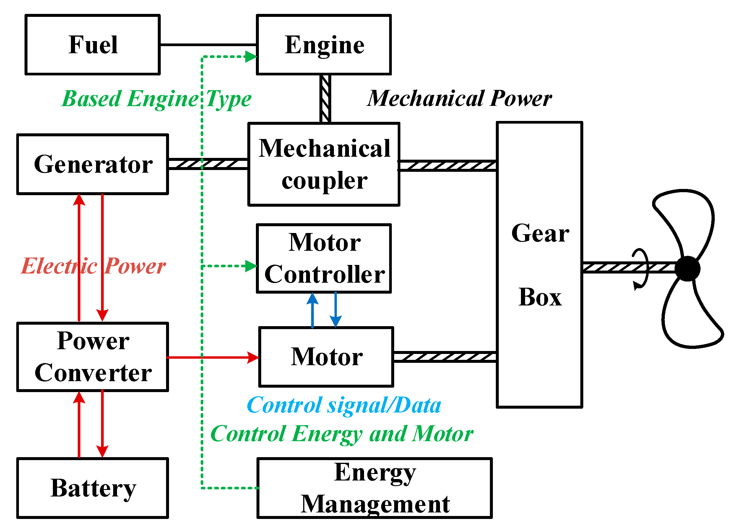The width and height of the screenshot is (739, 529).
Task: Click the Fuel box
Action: (92, 45)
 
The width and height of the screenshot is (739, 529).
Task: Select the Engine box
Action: (324, 45)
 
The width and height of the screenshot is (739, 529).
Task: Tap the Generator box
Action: (92, 164)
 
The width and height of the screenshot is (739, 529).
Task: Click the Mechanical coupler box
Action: (324, 164)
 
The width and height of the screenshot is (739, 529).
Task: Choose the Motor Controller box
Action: (324, 258)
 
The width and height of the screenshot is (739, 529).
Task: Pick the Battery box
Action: (92, 488)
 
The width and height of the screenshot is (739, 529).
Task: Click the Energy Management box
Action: (374, 488)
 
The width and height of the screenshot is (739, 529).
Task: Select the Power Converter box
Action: (92, 357)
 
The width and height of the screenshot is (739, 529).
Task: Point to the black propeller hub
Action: (687, 268)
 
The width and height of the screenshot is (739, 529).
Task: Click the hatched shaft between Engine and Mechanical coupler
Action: (325, 99)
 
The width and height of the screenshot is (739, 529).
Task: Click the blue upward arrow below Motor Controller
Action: (312, 310)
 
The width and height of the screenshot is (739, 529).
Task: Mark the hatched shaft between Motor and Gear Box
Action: (444, 357)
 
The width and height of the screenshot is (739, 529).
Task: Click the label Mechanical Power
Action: (459, 98)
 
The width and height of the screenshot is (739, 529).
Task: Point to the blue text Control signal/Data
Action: (344, 405)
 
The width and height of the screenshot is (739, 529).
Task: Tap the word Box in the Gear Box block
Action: (540, 297)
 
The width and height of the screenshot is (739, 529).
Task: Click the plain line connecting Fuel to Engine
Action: (208, 45)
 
